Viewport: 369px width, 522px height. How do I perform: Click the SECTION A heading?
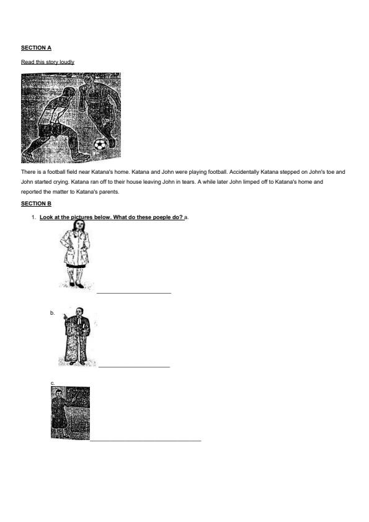pyautogui.click(x=36, y=47)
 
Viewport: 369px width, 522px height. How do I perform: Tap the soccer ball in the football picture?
pyautogui.click(x=100, y=145)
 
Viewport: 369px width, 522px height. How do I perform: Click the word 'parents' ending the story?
pyautogui.click(x=107, y=192)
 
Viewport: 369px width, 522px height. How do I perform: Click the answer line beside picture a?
pyautogui.click(x=133, y=292)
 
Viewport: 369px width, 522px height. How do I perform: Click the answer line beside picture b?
pyautogui.click(x=133, y=366)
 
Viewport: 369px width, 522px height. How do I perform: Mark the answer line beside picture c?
pyautogui.click(x=146, y=441)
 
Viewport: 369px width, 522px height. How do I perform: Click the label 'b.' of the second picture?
pyautogui.click(x=53, y=313)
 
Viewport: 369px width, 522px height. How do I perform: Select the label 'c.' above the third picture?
pyautogui.click(x=53, y=384)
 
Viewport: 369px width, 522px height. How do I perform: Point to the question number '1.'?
pyautogui.click(x=33, y=217)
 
